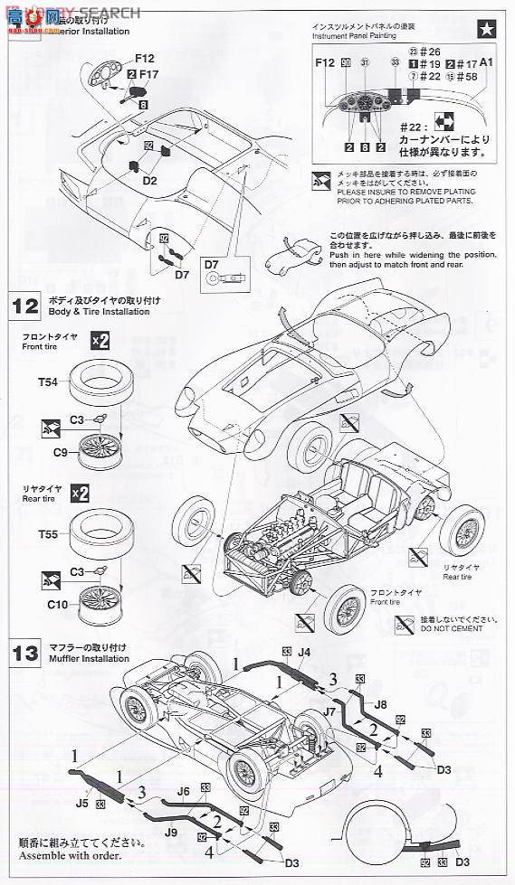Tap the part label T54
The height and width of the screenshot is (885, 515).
click(x=48, y=383)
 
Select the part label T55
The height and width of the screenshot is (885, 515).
click(x=48, y=534)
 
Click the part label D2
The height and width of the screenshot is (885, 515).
click(x=149, y=181)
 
